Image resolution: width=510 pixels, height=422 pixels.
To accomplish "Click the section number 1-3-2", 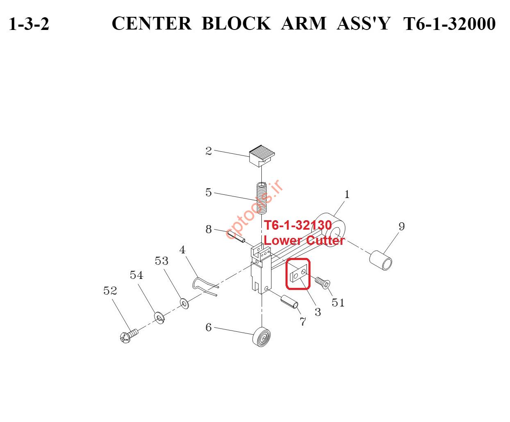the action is tap(29, 24).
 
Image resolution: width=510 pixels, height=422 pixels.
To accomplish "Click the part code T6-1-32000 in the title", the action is tap(449, 24).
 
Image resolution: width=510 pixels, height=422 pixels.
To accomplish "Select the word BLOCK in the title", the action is tap(236, 23).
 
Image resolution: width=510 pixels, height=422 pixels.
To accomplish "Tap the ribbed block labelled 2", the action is tap(262, 155).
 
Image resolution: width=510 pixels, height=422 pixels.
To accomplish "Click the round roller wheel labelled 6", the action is tap(262, 337).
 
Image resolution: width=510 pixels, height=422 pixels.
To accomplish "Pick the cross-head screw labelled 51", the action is tap(322, 283).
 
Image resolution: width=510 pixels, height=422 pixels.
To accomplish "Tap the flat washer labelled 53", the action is tap(184, 303).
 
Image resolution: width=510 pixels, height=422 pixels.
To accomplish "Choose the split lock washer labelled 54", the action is tap(159, 317).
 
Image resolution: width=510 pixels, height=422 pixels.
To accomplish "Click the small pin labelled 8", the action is tap(236, 236).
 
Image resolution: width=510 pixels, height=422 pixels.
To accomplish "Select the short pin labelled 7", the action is tap(289, 302).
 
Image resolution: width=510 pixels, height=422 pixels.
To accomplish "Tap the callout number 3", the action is tap(318, 312).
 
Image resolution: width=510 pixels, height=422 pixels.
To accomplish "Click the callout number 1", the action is tap(347, 194).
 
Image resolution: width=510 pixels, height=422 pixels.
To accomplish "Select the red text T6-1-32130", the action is tap(298, 225).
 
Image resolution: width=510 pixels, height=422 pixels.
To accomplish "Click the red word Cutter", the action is tap(325, 240).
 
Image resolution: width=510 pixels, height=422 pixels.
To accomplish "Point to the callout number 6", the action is tap(209, 327).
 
